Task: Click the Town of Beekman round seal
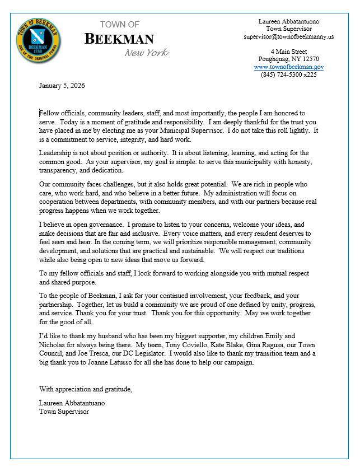click(39, 40)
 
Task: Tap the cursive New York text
click(146, 53)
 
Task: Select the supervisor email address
click(288, 36)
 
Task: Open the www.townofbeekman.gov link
click(288, 67)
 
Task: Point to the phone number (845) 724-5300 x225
click(288, 74)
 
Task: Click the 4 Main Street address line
click(288, 52)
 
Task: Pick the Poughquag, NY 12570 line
click(288, 59)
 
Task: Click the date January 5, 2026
click(62, 86)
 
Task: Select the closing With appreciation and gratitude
click(85, 389)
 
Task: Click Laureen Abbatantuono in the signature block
click(72, 403)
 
